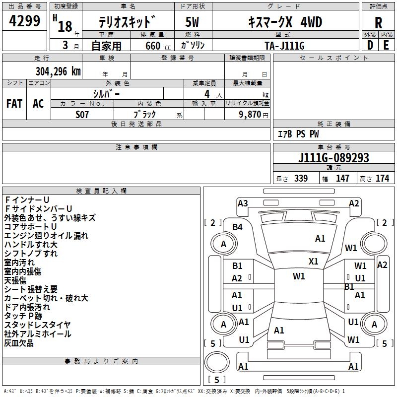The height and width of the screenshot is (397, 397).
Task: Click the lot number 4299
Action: [25, 21]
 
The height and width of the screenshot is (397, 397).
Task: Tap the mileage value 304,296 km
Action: [58, 71]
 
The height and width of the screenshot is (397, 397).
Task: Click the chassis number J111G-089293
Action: [333, 158]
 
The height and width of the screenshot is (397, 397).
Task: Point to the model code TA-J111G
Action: [284, 45]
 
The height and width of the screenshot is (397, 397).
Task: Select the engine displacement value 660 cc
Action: [152, 46]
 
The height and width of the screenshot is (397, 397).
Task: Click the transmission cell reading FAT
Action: [14, 103]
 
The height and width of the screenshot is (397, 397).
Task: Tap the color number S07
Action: [82, 114]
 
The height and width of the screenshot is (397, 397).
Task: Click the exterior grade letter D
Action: [370, 45]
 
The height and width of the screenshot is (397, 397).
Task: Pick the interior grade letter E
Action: [386, 45]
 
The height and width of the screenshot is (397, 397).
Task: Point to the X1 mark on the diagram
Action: [313, 261]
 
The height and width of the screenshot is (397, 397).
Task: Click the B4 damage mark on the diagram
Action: [238, 227]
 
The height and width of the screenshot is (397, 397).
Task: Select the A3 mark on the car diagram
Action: [243, 203]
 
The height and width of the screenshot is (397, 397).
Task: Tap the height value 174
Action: [382, 178]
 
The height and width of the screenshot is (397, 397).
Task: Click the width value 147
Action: [342, 178]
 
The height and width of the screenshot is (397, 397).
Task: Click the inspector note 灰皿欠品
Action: [19, 343]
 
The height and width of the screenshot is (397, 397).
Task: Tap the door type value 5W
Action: [192, 22]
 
